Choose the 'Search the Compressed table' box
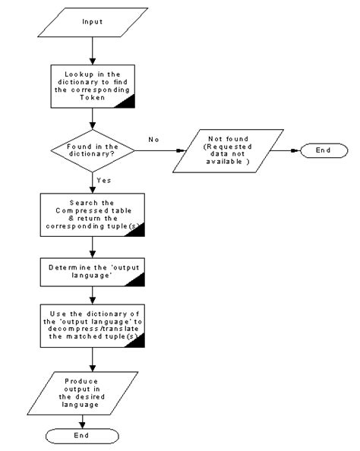[x=92, y=215]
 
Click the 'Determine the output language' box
[x=92, y=272]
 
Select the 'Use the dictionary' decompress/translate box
[x=92, y=324]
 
